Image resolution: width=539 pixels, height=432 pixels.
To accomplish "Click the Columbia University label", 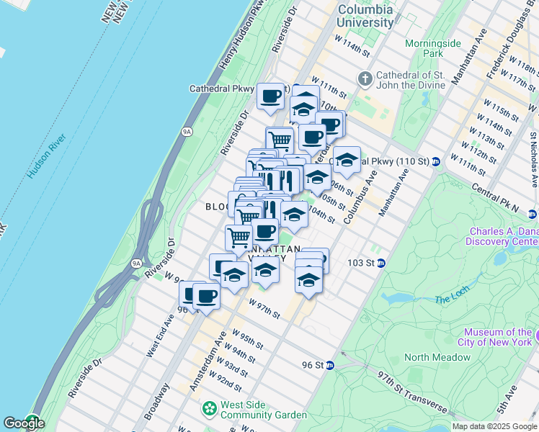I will (x=366, y=16).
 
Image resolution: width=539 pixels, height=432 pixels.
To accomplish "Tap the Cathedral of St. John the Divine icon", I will (x=365, y=78).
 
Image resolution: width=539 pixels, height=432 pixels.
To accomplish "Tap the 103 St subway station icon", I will (x=381, y=263).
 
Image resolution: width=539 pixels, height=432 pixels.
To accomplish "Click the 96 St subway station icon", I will (x=330, y=365).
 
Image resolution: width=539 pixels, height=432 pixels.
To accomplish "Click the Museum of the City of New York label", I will (x=498, y=337).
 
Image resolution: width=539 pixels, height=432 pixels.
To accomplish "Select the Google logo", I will (x=24, y=423).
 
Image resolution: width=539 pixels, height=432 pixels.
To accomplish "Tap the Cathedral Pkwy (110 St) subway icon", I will (x=437, y=161).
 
